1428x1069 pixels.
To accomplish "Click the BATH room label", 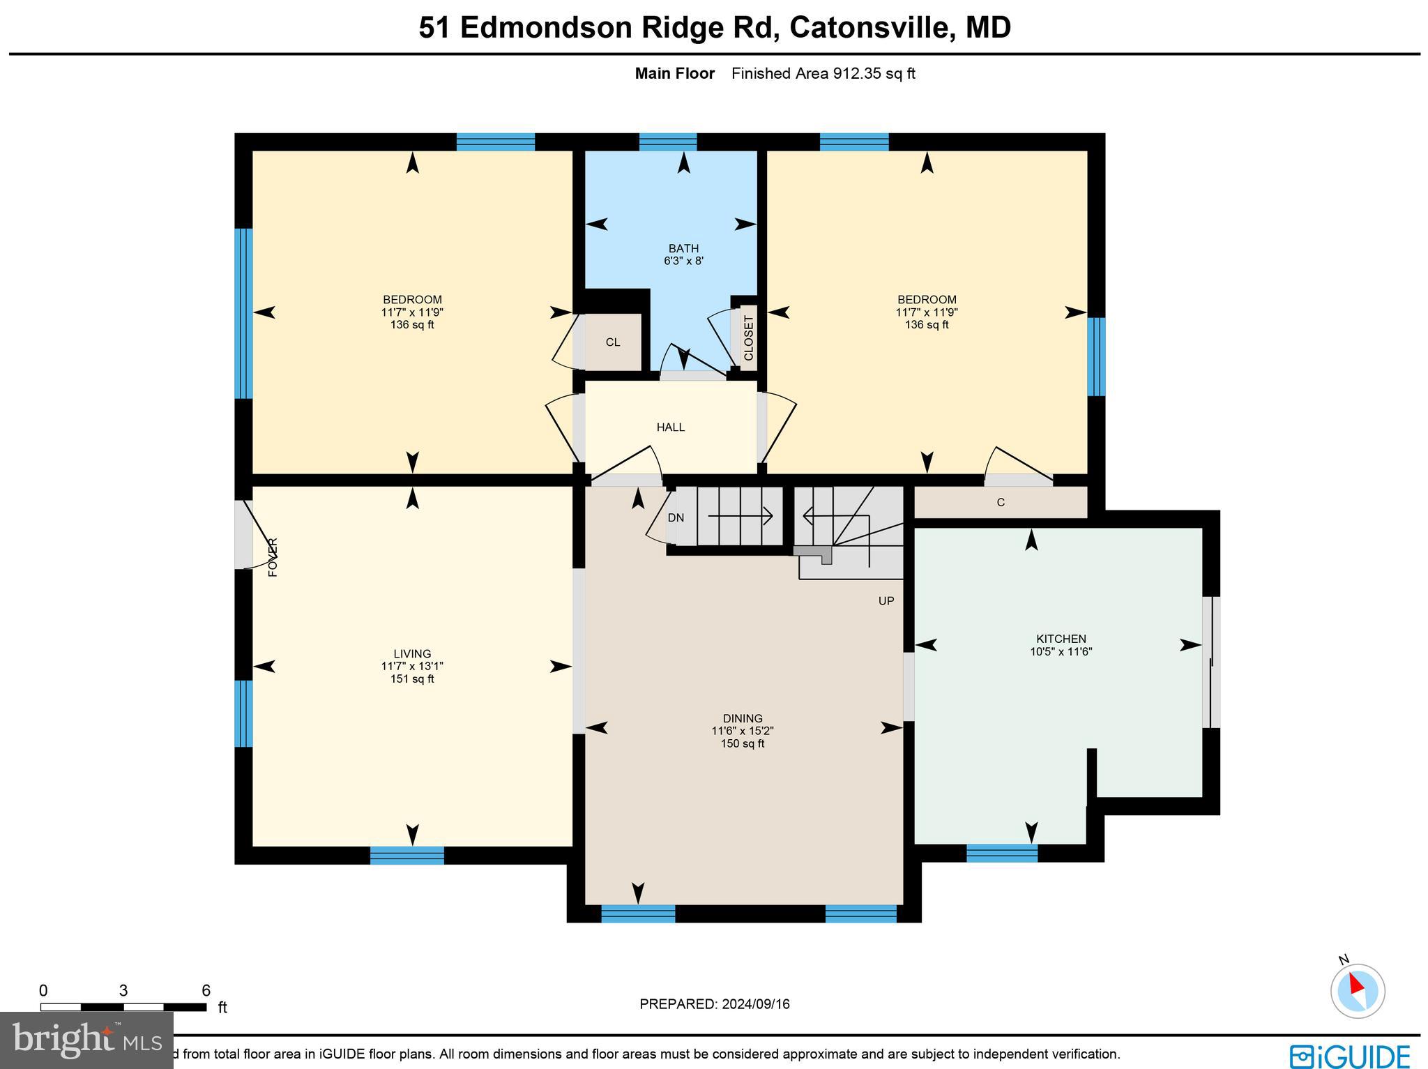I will tap(683, 249).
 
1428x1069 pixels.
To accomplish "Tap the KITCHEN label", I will tap(1061, 639).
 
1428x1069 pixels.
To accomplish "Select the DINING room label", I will tap(743, 718).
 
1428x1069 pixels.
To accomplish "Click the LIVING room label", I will tap(412, 654).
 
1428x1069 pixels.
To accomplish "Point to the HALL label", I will tap(671, 427).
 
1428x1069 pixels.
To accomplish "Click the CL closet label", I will tap(613, 342).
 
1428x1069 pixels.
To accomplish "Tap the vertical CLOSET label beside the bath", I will tap(749, 338).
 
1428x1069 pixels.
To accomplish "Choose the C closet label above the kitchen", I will tap(1001, 503).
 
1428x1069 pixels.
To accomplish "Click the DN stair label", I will tap(676, 518).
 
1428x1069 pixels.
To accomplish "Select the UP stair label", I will tap(886, 601).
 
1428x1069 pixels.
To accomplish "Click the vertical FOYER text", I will tap(273, 557).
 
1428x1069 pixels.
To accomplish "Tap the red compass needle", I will tap(1355, 984).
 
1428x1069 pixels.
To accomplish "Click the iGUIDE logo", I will tap(1349, 1055).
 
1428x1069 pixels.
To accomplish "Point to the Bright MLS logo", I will tap(87, 1040).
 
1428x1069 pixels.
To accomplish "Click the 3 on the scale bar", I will tap(123, 991).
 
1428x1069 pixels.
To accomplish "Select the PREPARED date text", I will tap(715, 1004).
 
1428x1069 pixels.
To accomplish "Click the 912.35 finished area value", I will tap(858, 74).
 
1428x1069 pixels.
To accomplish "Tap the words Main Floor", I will tap(674, 74).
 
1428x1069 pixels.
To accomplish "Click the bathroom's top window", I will tap(668, 142).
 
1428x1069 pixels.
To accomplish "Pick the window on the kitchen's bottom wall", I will tap(1002, 853).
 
